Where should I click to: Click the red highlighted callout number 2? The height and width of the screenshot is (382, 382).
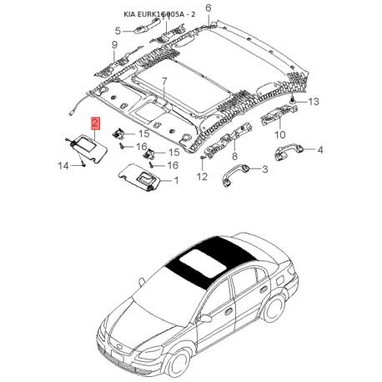(95, 123)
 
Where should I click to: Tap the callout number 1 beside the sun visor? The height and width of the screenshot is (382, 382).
(176, 181)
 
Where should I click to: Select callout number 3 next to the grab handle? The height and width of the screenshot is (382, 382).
(265, 169)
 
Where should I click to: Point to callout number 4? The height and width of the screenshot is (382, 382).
(320, 150)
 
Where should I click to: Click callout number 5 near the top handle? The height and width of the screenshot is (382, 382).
(118, 31)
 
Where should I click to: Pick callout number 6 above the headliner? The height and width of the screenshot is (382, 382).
(209, 8)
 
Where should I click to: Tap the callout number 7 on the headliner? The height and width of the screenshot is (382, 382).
(164, 82)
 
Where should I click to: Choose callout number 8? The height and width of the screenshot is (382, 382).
(234, 156)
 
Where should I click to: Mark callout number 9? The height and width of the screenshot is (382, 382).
(114, 44)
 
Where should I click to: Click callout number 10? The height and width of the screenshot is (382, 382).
(280, 135)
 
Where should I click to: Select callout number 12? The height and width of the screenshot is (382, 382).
(202, 176)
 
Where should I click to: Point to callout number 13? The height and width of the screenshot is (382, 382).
(314, 102)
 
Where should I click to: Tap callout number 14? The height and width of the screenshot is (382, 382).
(63, 166)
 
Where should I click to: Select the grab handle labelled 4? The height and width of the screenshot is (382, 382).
(289, 152)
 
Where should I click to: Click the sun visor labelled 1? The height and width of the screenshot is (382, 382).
(140, 177)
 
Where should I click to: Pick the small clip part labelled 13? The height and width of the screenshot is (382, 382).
(293, 100)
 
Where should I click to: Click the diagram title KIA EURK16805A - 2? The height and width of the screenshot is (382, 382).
(159, 14)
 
